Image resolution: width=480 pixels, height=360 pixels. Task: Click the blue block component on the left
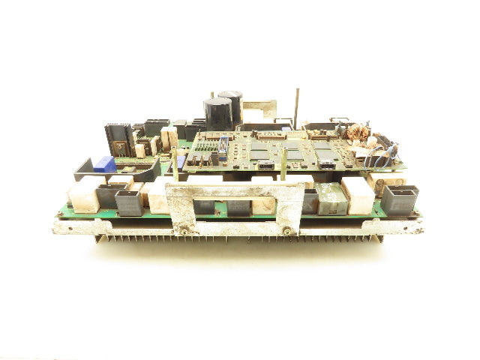pos(106,164)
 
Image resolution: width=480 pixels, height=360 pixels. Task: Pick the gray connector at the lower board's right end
pos(399,201)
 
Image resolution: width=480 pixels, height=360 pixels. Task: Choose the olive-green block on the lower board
pos(330,199)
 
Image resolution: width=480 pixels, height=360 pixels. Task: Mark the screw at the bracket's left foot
pos(181,231)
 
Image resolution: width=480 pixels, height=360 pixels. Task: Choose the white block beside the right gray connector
pos(358,196)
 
